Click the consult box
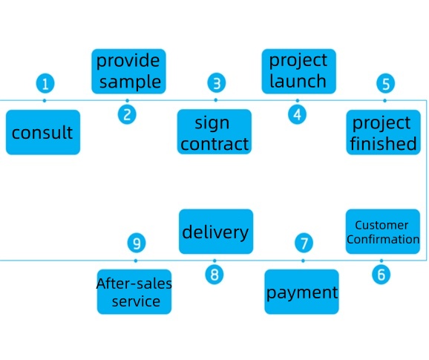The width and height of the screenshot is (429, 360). (x=43, y=132)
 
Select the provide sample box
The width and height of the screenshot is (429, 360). (x=128, y=71)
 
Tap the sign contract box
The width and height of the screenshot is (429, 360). (x=214, y=132)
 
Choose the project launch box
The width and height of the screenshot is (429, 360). (x=299, y=71)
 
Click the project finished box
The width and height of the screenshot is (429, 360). (x=383, y=132)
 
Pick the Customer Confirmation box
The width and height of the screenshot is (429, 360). (x=383, y=232)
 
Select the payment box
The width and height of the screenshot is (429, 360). (x=301, y=292)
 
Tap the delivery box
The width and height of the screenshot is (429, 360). (x=216, y=232)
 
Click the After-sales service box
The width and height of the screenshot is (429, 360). (x=134, y=292)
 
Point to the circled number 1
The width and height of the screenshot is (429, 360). (x=45, y=83)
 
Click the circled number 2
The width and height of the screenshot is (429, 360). (x=127, y=114)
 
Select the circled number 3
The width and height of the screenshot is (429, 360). (x=217, y=83)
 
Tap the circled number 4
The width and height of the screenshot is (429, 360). (x=297, y=114)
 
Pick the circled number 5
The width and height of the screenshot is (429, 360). (x=385, y=83)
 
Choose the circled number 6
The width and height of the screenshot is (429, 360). (x=381, y=275)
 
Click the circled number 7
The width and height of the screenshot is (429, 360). (x=304, y=243)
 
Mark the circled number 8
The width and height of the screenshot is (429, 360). (x=214, y=275)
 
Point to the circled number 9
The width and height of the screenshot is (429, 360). (x=137, y=243)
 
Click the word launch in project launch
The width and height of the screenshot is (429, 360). (x=298, y=81)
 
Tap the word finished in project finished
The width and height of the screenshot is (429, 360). (x=383, y=143)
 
